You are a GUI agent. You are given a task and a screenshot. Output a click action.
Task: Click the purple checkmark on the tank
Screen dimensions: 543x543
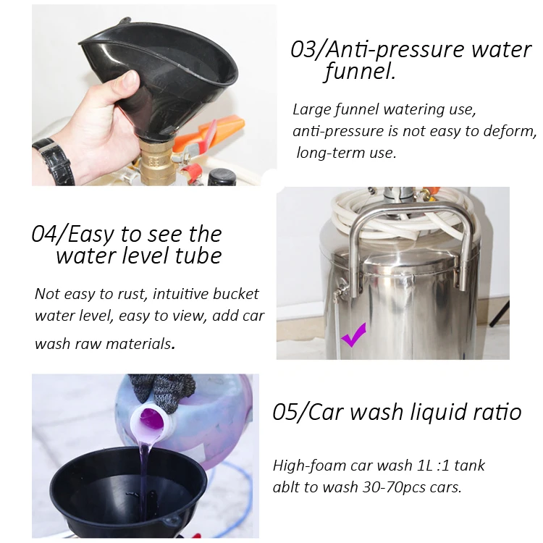(353, 335)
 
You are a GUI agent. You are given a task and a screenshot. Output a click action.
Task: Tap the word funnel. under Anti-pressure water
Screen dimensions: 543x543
(360, 71)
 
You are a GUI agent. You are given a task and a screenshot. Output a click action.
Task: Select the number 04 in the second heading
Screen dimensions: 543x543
(44, 234)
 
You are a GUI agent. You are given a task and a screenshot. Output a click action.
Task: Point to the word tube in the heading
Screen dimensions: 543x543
(198, 256)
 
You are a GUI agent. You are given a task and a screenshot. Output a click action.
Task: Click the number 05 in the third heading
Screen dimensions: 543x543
(285, 412)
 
